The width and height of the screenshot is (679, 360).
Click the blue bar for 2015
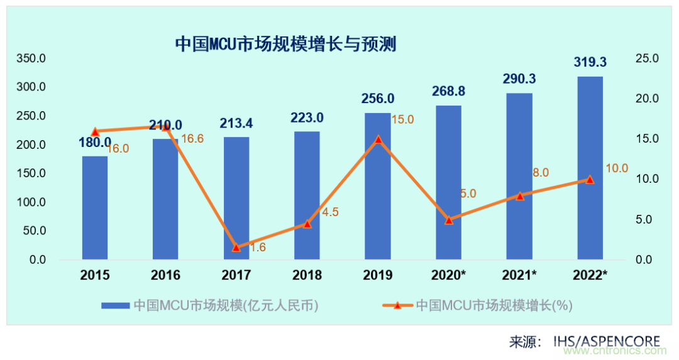point(95,207)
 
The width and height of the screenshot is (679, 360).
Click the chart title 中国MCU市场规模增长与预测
point(285,44)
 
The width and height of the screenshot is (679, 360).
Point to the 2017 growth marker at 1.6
point(236,248)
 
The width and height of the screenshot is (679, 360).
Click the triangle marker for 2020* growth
point(449,220)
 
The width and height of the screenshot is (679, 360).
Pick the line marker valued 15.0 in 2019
point(378,139)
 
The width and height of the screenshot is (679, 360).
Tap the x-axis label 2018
point(307,275)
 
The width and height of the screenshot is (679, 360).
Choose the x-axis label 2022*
point(590,275)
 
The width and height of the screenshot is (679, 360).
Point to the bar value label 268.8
point(449,91)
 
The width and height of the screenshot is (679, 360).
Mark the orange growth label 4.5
point(331,212)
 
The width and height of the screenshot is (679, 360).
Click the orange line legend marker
point(397,305)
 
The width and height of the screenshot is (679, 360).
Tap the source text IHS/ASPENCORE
point(607,342)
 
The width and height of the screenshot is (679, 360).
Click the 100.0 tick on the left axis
point(31,202)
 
